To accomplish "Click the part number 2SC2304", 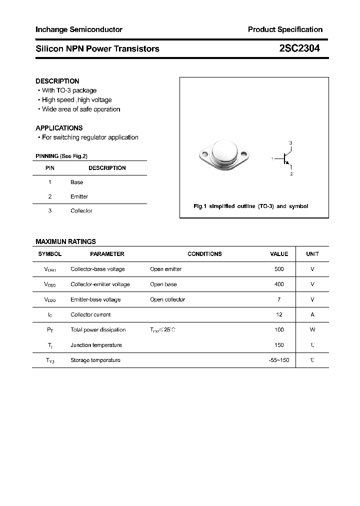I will [x=300, y=48].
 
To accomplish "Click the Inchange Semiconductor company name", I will [x=79, y=29].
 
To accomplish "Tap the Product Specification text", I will [x=285, y=29].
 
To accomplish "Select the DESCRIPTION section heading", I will [x=57, y=81].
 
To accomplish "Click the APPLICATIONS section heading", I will [x=59, y=128].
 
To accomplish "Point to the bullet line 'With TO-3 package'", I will [x=69, y=90].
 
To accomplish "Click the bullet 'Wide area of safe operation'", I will [x=81, y=109].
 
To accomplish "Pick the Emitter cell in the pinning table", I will [x=79, y=196].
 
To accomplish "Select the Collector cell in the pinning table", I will [x=81, y=211].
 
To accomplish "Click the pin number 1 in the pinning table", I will [x=50, y=182].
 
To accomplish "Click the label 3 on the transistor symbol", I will [x=290, y=143].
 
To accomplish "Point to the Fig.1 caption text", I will [x=250, y=206].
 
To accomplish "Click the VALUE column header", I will [x=279, y=254].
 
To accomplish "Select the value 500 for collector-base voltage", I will [x=279, y=269].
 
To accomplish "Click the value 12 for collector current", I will [x=279, y=314].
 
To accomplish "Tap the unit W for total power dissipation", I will [x=312, y=329].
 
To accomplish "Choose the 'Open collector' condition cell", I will [x=167, y=299].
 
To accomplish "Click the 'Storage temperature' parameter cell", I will [x=95, y=360].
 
